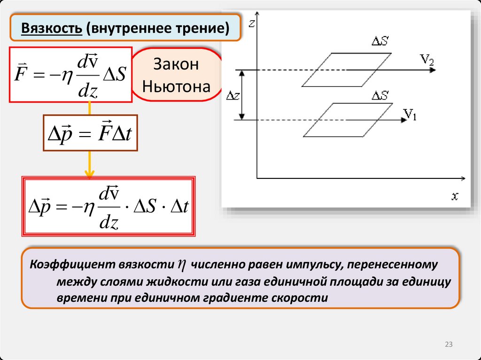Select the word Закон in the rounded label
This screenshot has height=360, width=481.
(x=176, y=64)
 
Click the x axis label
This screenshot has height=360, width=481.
(x=455, y=196)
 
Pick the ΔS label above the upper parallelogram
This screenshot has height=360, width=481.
(x=380, y=41)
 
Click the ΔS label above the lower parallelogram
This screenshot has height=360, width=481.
(x=380, y=96)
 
